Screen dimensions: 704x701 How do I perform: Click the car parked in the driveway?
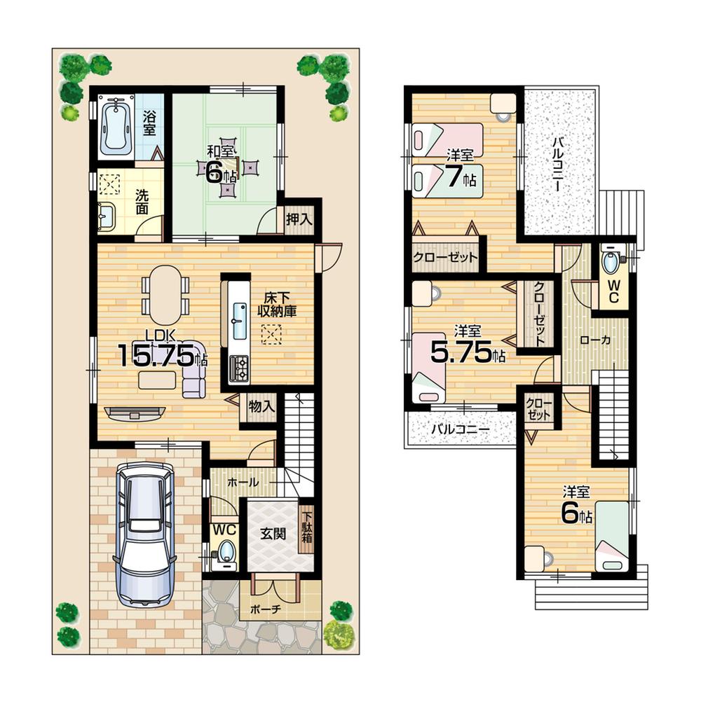[x=145, y=534]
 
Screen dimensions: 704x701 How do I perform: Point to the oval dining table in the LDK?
[x=165, y=294]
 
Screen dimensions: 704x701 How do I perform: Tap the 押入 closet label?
[x=299, y=219]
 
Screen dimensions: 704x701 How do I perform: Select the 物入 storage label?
[x=261, y=406]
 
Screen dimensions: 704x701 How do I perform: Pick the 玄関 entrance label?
[x=273, y=533]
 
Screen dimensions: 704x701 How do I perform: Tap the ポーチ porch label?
[x=267, y=609]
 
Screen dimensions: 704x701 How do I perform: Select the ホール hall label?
[x=243, y=483]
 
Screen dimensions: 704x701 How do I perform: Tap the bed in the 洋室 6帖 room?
[x=611, y=536]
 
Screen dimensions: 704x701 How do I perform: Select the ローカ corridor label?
[x=594, y=340]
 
